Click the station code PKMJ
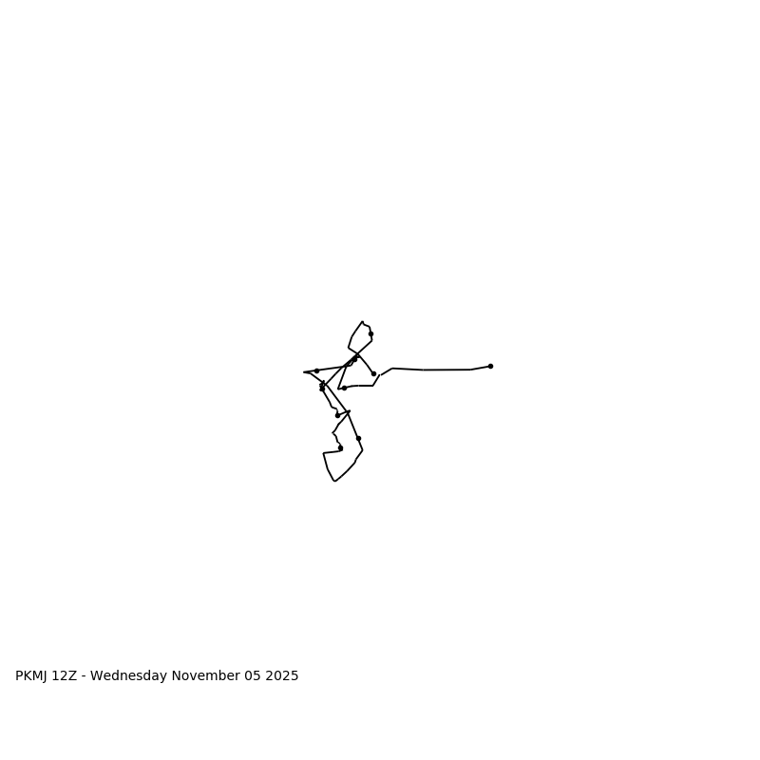(x=33, y=676)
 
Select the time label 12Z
(x=65, y=676)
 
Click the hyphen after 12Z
(x=83, y=676)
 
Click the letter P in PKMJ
(x=19, y=676)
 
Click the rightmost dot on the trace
(x=490, y=366)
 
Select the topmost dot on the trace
(x=370, y=333)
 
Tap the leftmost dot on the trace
(x=316, y=370)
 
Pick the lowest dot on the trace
(x=340, y=447)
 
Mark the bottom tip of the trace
(x=334, y=481)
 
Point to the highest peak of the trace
(x=362, y=322)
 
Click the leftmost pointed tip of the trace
(x=304, y=371)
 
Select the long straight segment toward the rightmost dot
(x=446, y=370)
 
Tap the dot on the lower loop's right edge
(x=358, y=438)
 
